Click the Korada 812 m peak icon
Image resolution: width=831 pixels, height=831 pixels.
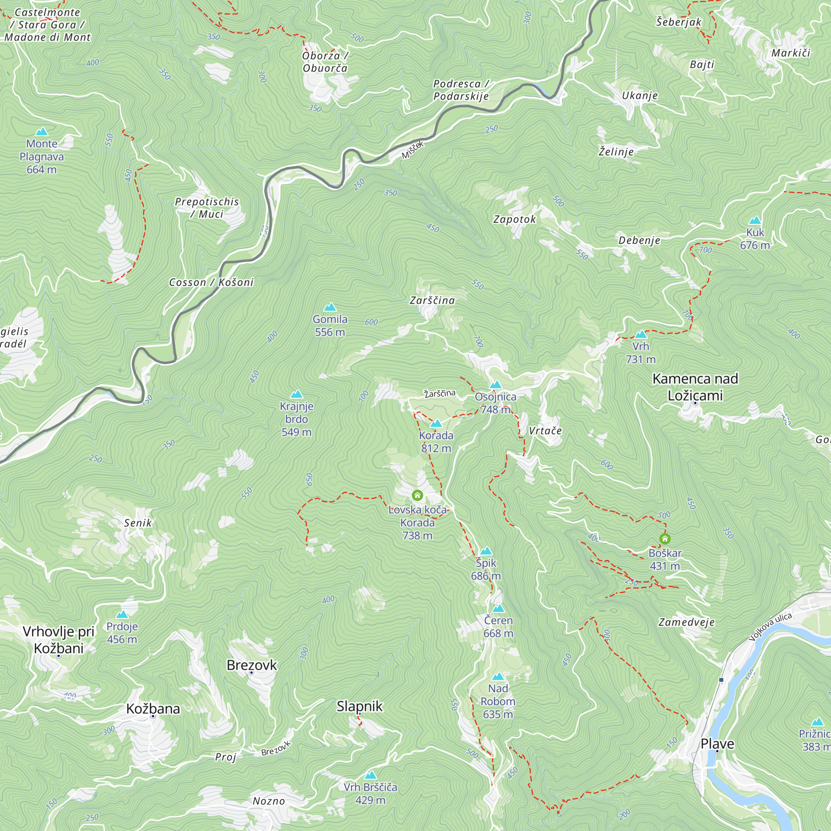(x=436, y=424)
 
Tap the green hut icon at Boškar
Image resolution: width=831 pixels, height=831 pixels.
(x=664, y=538)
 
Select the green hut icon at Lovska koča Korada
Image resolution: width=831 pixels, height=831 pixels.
(x=417, y=496)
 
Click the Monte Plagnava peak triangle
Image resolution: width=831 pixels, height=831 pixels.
(x=42, y=132)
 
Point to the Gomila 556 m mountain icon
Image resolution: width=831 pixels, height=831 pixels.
(x=329, y=307)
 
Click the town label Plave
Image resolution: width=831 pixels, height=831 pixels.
(x=717, y=743)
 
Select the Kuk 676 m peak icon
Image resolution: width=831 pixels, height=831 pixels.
(x=755, y=221)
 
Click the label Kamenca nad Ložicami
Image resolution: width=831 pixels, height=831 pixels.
(x=695, y=387)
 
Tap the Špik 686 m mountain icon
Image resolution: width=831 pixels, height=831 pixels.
(x=486, y=551)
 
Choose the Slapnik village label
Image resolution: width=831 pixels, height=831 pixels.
(x=359, y=706)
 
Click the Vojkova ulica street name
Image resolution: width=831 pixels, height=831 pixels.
(x=770, y=627)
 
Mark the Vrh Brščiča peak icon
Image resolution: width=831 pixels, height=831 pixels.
(x=370, y=775)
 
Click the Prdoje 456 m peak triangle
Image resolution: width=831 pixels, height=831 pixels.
(x=122, y=614)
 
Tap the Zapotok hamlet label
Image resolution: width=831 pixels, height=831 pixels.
(x=514, y=219)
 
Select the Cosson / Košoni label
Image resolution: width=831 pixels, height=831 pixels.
(x=211, y=282)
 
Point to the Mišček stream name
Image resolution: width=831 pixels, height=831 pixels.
(x=413, y=150)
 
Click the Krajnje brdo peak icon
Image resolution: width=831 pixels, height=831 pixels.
(x=296, y=394)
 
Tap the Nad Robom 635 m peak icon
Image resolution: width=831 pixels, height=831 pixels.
(x=498, y=676)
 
